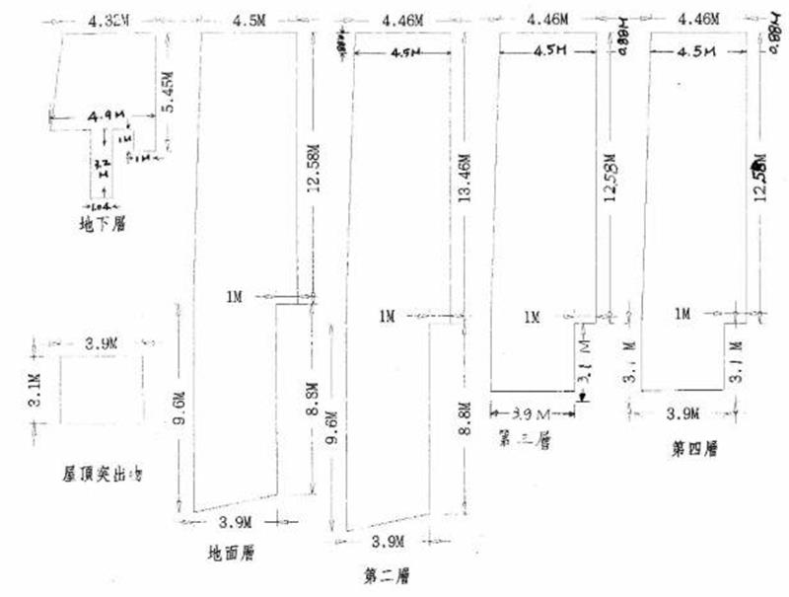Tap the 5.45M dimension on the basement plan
(170, 93)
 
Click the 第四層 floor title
(695, 449)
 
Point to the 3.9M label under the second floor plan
(387, 541)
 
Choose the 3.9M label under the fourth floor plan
(682, 412)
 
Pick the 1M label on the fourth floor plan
(682, 314)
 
